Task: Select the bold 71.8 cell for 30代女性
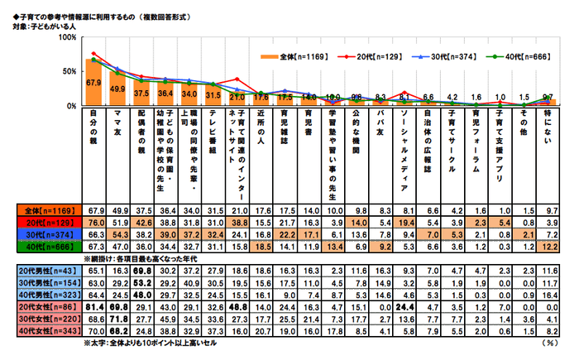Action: pos(117,318)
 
